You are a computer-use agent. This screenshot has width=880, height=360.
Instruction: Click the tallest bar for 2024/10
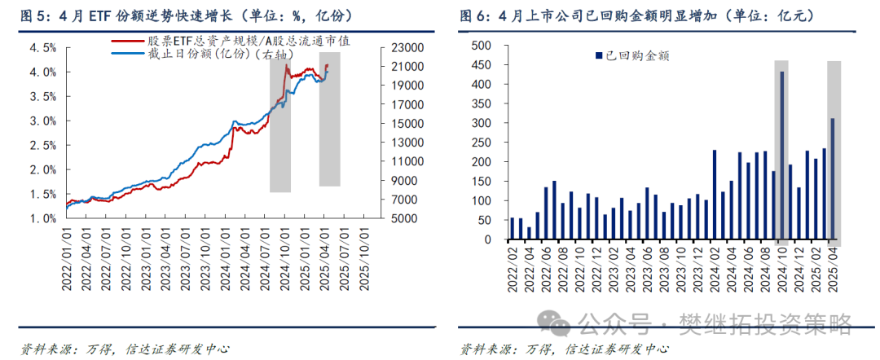point(782,156)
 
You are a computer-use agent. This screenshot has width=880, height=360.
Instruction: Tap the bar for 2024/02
point(715,195)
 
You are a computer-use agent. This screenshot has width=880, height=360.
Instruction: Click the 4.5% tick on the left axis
point(43,47)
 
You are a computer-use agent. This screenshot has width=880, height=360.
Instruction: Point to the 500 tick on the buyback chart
point(481,45)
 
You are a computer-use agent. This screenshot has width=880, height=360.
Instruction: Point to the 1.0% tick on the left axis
point(43,218)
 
